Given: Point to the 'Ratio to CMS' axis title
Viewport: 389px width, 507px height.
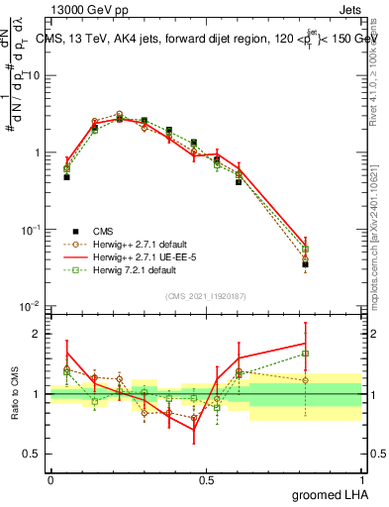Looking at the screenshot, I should click(15, 392).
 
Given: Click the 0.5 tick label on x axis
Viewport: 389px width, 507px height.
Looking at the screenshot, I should click(206, 479).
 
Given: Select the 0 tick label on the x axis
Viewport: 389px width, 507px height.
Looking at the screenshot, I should click(50, 479).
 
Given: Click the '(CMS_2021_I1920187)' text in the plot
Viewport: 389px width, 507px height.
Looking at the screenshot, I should click(206, 295).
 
